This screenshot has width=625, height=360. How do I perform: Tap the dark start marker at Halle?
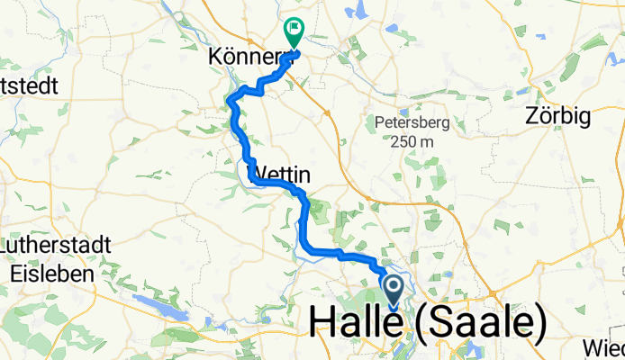point(394,290)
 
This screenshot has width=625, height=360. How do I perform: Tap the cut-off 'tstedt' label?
point(29,86)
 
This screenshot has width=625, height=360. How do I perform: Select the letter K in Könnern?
point(216,57)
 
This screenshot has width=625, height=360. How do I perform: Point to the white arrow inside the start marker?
point(394,288)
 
